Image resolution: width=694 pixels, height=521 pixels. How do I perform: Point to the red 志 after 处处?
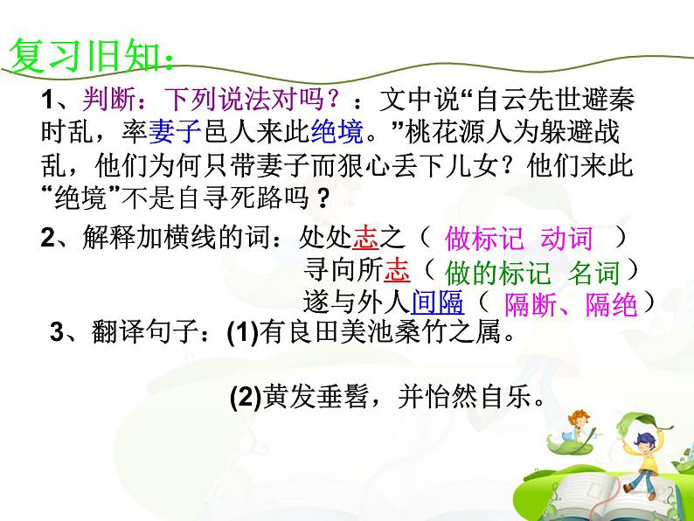pyautogui.click(x=386, y=239)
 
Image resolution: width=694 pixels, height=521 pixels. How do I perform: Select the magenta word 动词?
pyautogui.click(x=566, y=240)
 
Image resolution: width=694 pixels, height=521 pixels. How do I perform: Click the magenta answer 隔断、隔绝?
pyautogui.click(x=572, y=304)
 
